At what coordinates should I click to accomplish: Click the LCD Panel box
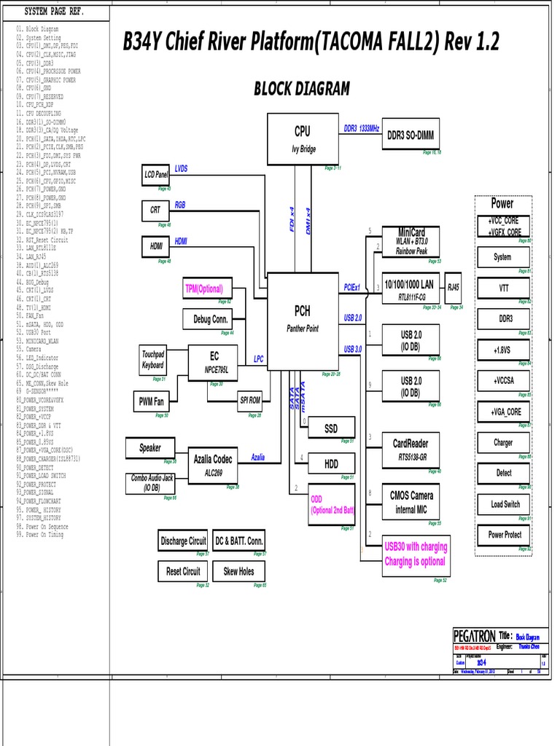tap(156, 175)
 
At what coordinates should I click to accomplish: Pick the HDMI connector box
tap(156, 246)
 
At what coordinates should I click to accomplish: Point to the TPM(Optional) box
tap(204, 288)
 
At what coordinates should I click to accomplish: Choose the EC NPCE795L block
tap(214, 362)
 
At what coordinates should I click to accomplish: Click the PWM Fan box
tap(151, 401)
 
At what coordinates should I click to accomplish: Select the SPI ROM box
tap(250, 400)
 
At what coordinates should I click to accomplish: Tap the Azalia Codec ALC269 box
tap(214, 465)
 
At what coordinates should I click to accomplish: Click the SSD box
tap(330, 429)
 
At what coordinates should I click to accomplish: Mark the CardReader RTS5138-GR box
tap(411, 449)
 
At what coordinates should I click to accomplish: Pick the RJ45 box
tap(454, 288)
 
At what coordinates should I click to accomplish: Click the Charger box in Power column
tap(502, 442)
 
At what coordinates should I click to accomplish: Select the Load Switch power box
tap(505, 504)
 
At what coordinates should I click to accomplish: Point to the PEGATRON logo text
tap(475, 636)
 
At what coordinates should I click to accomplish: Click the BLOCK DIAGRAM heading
tap(301, 90)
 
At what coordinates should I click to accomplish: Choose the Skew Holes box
tap(239, 571)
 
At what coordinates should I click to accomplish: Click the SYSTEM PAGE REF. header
tap(54, 12)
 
